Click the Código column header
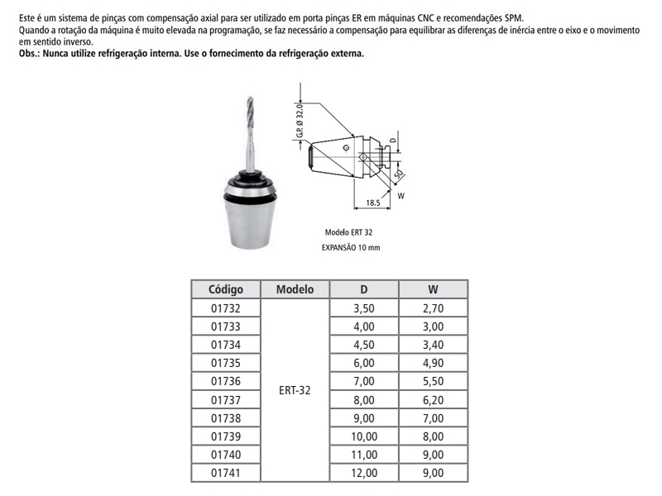[x=225, y=289]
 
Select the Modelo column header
[x=295, y=289]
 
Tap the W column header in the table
[x=433, y=289]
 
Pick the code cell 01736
[x=225, y=381]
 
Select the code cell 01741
[x=225, y=474]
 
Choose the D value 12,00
[x=364, y=474]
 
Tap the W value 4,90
[x=433, y=363]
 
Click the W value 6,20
[x=433, y=400]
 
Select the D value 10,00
[x=364, y=436]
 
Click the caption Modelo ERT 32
[x=343, y=233]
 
